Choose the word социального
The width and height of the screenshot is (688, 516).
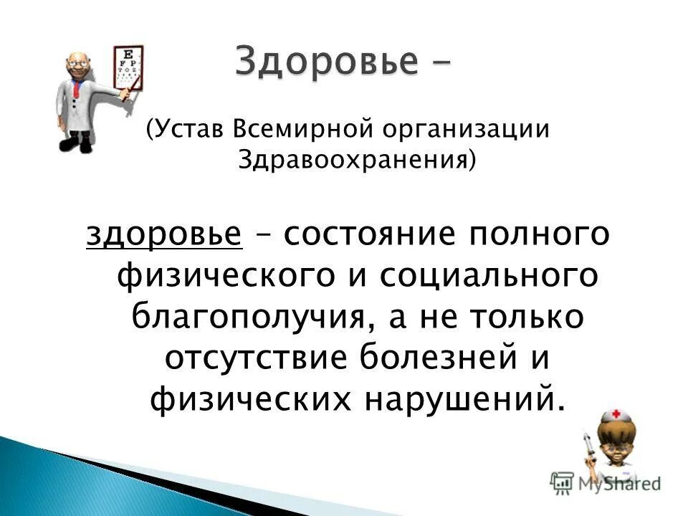pos(487,276)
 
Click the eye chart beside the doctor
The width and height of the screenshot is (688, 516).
pos(129,68)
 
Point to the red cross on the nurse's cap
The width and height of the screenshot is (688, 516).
pos(614,416)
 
